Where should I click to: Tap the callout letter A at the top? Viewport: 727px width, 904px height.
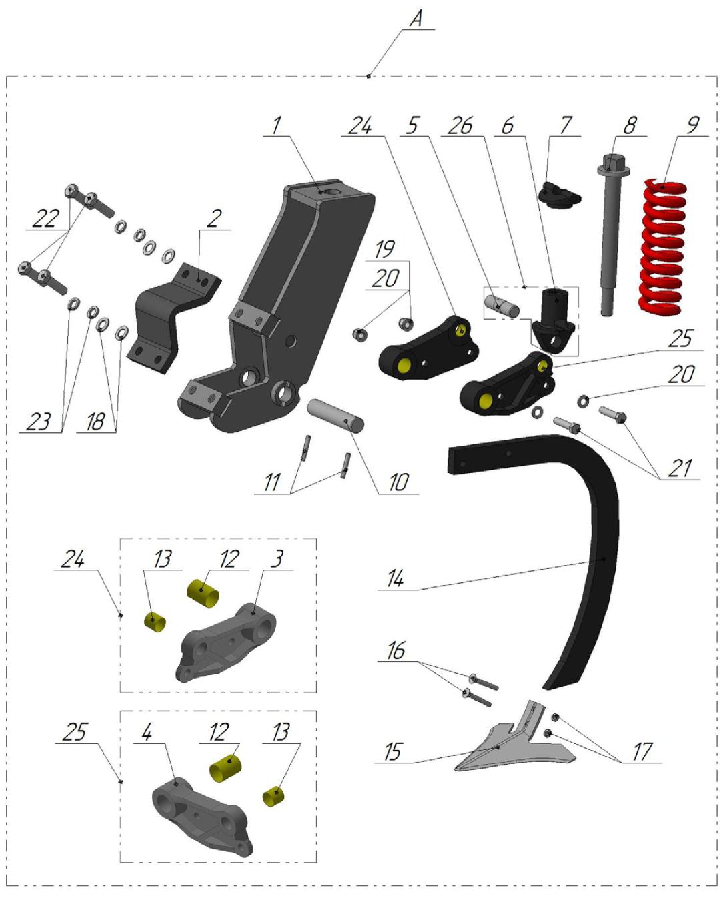pos(416,19)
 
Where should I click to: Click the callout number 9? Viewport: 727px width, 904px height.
pos(693,125)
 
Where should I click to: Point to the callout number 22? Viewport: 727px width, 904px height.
pos(45,218)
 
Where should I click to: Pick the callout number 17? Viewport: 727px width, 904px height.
pos(642,751)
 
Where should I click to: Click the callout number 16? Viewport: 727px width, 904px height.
pos(396,650)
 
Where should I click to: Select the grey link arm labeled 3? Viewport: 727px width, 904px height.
pos(227,640)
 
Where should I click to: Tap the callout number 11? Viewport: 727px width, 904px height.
pos(271,482)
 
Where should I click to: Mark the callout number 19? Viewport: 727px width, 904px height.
pos(384,249)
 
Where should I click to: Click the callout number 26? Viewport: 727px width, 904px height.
pos(460,125)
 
